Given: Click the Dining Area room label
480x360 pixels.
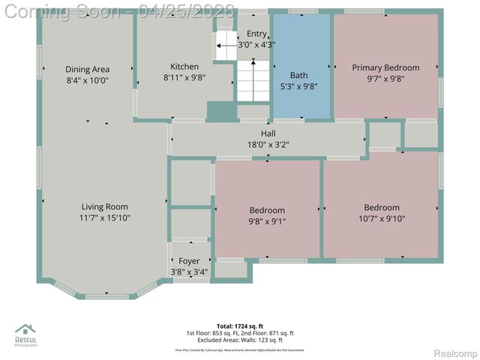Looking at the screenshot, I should [x=88, y=69].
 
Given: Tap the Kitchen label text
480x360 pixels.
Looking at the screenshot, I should [x=184, y=67].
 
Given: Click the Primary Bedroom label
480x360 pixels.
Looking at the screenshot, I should [x=385, y=67].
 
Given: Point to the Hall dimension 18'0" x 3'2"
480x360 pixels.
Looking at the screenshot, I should [x=267, y=145].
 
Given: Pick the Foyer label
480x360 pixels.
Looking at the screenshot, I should [x=188, y=261].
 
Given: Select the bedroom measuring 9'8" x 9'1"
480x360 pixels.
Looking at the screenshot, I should [x=266, y=211].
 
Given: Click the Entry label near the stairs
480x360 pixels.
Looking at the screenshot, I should [x=256, y=34].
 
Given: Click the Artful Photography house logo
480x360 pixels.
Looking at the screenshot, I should [x=26, y=330].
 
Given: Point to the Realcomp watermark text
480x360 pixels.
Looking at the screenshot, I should [x=450, y=352].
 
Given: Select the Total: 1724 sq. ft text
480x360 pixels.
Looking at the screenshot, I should [x=240, y=325].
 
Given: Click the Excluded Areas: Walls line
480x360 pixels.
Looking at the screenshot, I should [x=240, y=340].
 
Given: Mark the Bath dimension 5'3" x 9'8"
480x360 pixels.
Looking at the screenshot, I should [x=298, y=85].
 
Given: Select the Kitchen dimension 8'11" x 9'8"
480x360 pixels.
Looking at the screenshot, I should [x=184, y=77].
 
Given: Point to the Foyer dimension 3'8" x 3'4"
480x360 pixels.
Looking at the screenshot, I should [x=188, y=271].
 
